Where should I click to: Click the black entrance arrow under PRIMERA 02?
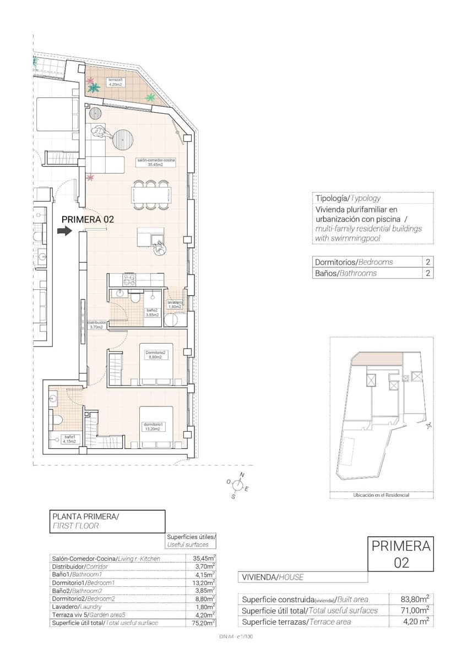(x=65, y=231)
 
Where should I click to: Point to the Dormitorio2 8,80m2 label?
(x=155, y=355)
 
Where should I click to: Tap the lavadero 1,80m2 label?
(x=176, y=305)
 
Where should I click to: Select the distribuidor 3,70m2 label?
(x=96, y=325)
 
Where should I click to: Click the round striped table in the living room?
(x=124, y=140)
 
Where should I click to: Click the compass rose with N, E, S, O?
(x=238, y=485)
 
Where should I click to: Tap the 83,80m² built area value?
(x=416, y=599)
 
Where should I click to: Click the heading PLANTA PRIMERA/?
(x=85, y=516)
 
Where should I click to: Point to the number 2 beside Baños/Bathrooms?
(x=427, y=273)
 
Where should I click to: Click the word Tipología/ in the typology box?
(x=332, y=199)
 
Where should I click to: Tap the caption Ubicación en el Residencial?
(x=381, y=495)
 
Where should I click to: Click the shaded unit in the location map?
(x=374, y=359)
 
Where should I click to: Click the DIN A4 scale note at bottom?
(x=236, y=636)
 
